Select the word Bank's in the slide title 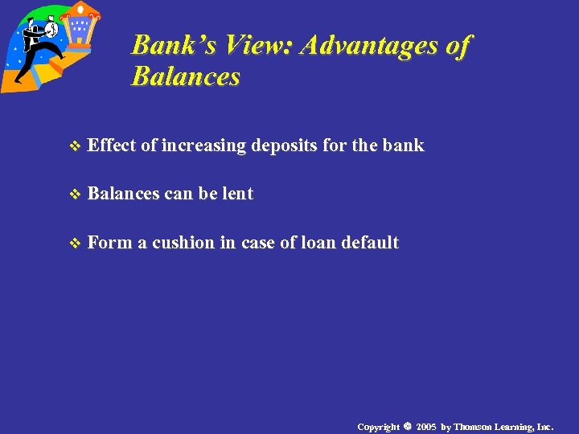coord(172,45)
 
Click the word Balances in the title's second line coord(186,77)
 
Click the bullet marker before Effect coord(76,146)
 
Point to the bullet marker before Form coord(76,244)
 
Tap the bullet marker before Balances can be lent coord(76,194)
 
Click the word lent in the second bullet coord(237,194)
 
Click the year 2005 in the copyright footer coord(426,426)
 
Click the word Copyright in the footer coord(378,426)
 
